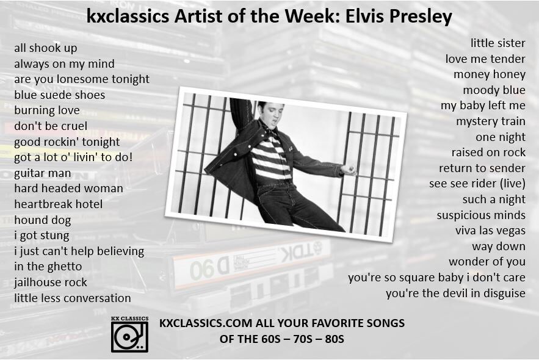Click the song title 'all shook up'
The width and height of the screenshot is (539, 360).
pyautogui.click(x=46, y=48)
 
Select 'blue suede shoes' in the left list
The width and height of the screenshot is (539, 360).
pyautogui.click(x=60, y=95)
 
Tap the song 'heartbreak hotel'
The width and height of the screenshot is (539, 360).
pyautogui.click(x=59, y=204)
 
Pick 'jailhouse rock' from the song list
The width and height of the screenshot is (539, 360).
pyautogui.click(x=51, y=282)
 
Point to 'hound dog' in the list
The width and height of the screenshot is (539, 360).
pyautogui.click(x=43, y=220)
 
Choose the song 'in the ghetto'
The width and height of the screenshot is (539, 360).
pyautogui.click(x=48, y=266)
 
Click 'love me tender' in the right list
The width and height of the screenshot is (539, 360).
pyautogui.click(x=485, y=59)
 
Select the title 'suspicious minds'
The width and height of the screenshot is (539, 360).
pyautogui.click(x=480, y=215)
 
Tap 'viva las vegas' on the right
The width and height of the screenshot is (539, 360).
pyautogui.click(x=490, y=230)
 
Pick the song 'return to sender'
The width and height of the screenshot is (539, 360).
pyautogui.click(x=482, y=168)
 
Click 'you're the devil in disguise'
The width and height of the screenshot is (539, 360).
pyautogui.click(x=455, y=293)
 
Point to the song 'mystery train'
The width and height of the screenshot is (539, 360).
pyautogui.click(x=490, y=121)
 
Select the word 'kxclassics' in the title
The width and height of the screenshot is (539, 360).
pyautogui.click(x=125, y=16)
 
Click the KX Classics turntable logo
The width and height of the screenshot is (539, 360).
pyautogui.click(x=129, y=334)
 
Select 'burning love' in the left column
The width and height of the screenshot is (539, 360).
pyautogui.click(x=47, y=110)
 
